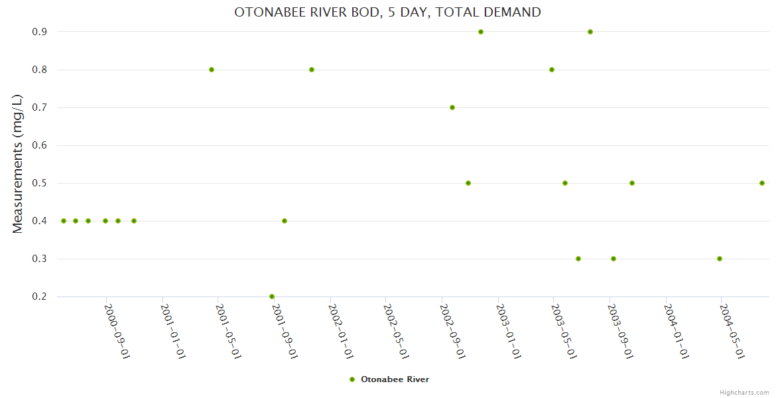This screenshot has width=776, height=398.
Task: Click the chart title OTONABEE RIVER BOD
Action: click(x=387, y=12)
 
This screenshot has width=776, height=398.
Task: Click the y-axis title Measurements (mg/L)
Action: click(x=18, y=164)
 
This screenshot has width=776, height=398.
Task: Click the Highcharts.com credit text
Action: click(x=744, y=392)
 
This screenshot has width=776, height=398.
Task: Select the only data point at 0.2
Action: click(x=272, y=297)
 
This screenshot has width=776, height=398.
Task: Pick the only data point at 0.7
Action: click(x=452, y=107)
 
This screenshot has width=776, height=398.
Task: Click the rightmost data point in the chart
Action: click(x=762, y=183)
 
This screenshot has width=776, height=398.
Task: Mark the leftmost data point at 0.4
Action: click(x=64, y=221)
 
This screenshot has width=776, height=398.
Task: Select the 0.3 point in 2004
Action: click(x=720, y=259)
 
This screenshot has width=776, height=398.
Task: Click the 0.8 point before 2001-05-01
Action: click(x=212, y=70)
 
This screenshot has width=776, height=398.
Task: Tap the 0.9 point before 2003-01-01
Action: click(x=481, y=32)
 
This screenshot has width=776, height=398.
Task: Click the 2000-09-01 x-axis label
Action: click(x=116, y=332)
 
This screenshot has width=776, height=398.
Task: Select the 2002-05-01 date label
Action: click(x=396, y=332)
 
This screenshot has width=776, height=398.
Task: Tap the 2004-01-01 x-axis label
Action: click(x=676, y=332)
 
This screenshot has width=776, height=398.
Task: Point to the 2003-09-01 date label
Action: click(x=620, y=332)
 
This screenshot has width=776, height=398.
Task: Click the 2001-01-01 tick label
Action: click(x=172, y=332)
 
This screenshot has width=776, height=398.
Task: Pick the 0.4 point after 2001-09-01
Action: click(x=285, y=221)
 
